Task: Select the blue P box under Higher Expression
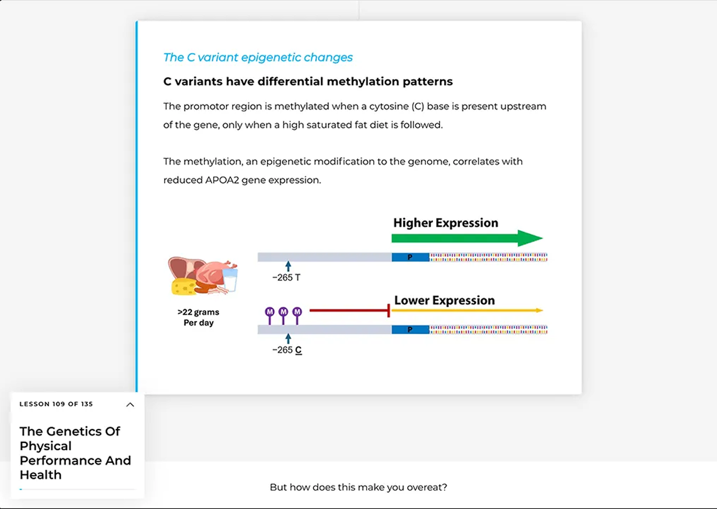(410, 257)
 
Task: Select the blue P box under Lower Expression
(410, 329)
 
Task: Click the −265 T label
(286, 278)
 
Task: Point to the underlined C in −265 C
(299, 350)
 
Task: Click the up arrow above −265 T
(288, 266)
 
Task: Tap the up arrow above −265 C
(288, 338)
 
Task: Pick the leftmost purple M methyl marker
(270, 312)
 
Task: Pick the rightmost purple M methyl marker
(297, 312)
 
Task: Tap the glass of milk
(230, 279)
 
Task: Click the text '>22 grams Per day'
(198, 318)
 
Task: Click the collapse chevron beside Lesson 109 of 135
(130, 405)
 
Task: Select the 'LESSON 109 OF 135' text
(56, 404)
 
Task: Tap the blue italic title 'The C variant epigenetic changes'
(258, 58)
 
